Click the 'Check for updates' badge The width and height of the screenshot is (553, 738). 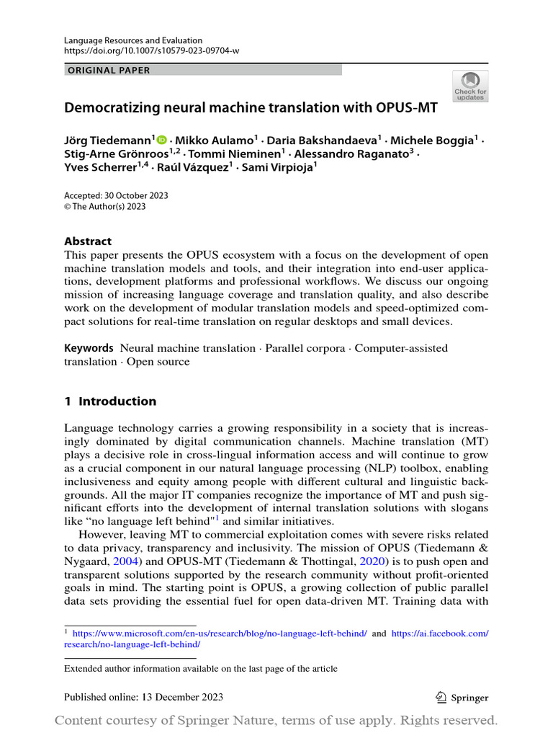[x=469, y=86]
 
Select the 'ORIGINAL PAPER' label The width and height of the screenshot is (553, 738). [x=109, y=70]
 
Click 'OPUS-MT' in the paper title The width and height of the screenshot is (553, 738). [x=397, y=108]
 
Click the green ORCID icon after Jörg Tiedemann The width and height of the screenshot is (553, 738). [x=161, y=139]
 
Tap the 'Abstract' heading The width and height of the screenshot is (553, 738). [x=88, y=241]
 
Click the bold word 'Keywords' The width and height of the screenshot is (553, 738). [x=89, y=348]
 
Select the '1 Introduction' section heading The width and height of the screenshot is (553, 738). [x=110, y=401]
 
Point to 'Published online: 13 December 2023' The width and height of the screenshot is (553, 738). [x=143, y=697]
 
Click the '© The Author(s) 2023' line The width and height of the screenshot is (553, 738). [x=105, y=206]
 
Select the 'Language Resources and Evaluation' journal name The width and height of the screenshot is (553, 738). [x=133, y=41]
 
